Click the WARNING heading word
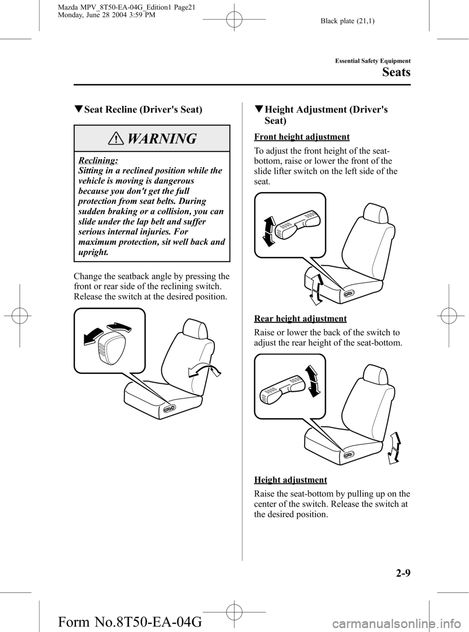[163, 139]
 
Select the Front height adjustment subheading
[302, 137]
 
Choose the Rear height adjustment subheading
[300, 319]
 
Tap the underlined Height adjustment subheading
[291, 479]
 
